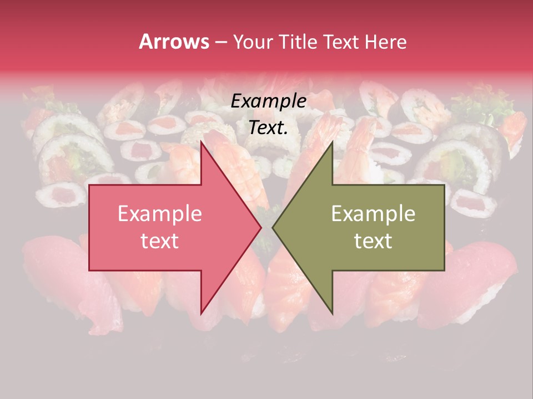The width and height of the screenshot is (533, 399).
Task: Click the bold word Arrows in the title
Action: tap(174, 42)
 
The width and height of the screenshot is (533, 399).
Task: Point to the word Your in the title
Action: tap(253, 42)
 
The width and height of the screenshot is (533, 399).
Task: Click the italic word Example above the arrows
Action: tap(268, 101)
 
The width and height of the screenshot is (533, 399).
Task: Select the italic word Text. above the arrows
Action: tap(268, 127)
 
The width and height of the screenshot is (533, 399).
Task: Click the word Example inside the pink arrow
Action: tap(159, 213)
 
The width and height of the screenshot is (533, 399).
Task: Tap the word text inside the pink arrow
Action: tap(159, 241)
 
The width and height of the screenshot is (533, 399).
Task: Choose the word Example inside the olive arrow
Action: tap(373, 213)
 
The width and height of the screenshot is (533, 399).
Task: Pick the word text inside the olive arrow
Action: tap(373, 241)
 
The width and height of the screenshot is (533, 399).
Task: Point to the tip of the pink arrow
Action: tap(262, 227)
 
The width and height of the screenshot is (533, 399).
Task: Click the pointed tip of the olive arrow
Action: tap(272, 227)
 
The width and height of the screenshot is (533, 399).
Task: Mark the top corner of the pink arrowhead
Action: tap(201, 142)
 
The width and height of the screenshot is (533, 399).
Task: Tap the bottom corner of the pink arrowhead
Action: tap(201, 314)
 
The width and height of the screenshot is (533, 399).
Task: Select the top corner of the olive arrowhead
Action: tap(332, 142)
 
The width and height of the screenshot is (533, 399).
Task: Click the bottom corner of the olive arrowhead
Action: tap(332, 314)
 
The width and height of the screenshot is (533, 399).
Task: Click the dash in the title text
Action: tap(220, 43)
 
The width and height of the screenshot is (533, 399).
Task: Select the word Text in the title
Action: tap(341, 42)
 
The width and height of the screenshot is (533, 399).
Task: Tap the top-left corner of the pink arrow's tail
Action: tap(89, 185)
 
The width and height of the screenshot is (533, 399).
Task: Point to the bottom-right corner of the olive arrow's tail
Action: tap(444, 270)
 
